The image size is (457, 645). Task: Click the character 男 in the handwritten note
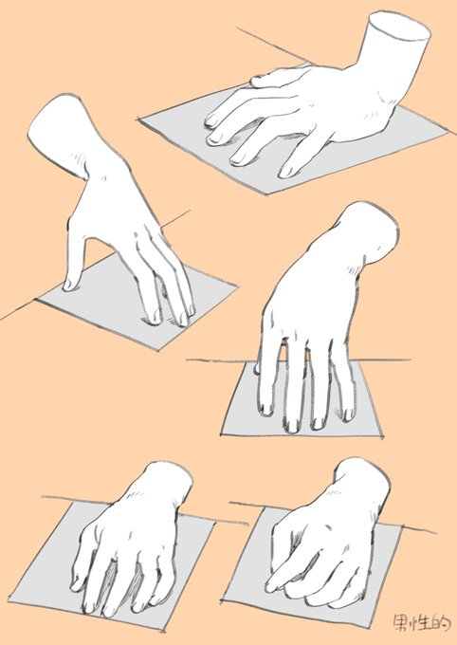tap(402, 623)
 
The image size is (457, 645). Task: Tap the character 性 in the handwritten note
tap(420, 623)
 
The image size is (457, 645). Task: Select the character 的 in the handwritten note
tap(439, 623)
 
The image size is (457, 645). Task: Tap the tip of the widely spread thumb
tap(68, 286)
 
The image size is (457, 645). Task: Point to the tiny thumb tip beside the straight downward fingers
tap(258, 368)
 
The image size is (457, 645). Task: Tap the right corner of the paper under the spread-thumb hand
tap(237, 286)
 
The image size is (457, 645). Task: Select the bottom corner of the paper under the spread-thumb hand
tap(158, 350)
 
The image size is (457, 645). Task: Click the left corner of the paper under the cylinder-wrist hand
tap(138, 119)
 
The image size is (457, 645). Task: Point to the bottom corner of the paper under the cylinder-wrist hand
tap(266, 193)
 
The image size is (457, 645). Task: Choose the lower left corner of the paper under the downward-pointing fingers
tap(222, 433)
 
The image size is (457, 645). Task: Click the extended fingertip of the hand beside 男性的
tap(270, 588)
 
